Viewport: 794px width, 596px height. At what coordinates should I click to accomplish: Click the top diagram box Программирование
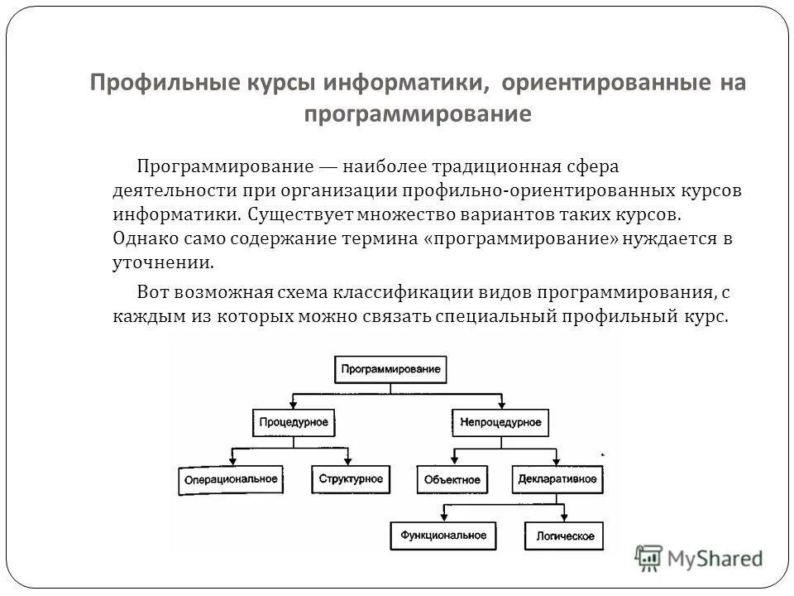[390, 368]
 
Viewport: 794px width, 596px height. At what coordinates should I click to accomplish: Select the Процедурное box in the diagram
[294, 422]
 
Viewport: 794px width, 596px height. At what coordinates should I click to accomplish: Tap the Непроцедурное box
[501, 422]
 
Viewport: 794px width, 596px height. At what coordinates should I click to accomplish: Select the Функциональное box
[444, 536]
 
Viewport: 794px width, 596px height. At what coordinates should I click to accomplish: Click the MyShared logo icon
[650, 558]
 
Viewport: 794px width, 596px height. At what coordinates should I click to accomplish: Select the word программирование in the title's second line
[417, 113]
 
